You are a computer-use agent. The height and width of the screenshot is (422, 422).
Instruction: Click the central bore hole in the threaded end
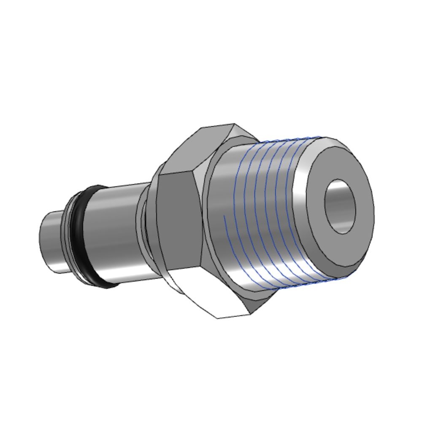[340, 206]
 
